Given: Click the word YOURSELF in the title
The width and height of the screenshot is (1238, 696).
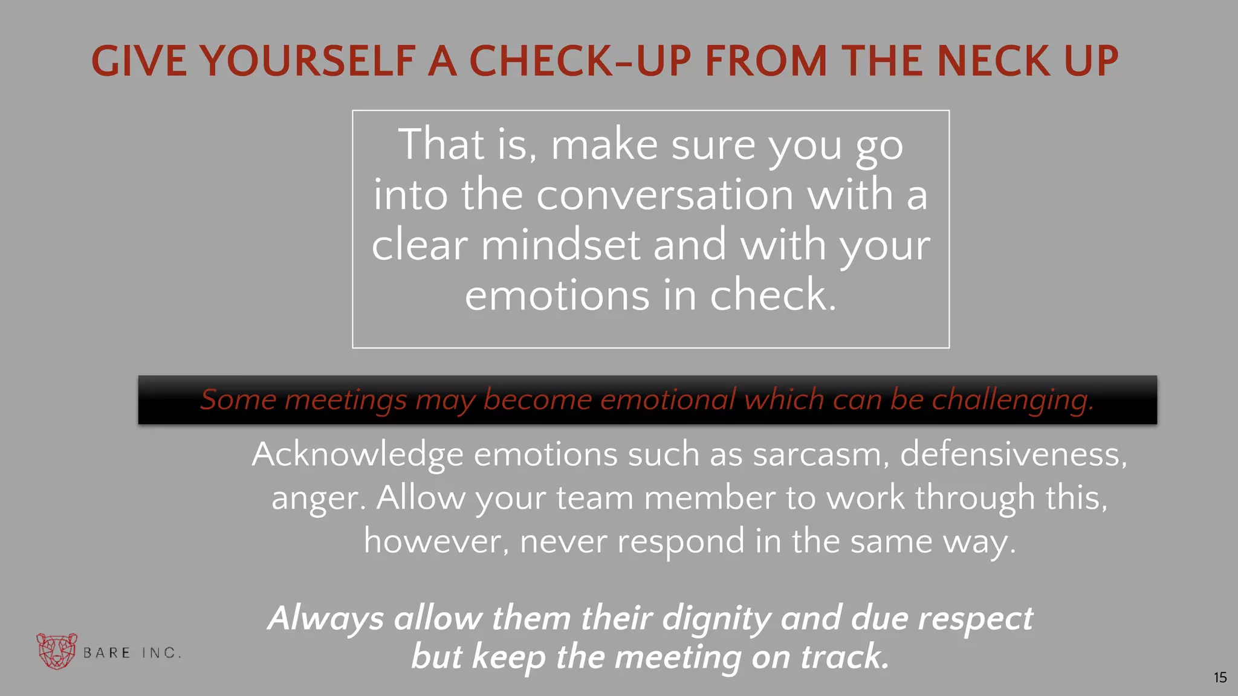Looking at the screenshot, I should pyautogui.click(x=307, y=61).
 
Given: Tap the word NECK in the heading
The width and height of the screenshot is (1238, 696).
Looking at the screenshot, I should pyautogui.click(x=994, y=61).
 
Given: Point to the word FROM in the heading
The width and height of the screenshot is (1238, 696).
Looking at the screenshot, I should pyautogui.click(x=766, y=61).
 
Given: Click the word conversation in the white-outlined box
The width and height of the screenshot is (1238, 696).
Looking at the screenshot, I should pyautogui.click(x=664, y=195).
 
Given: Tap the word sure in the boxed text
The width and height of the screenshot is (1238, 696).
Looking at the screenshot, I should pyautogui.click(x=713, y=145).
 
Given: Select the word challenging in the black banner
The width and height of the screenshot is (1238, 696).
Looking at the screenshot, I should pyautogui.click(x=1013, y=400).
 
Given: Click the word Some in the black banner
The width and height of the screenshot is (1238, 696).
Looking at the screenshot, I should pyautogui.click(x=238, y=400).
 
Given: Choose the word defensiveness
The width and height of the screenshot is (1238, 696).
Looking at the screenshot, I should pyautogui.click(x=1013, y=454).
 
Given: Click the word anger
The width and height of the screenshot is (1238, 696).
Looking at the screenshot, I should pyautogui.click(x=318, y=499).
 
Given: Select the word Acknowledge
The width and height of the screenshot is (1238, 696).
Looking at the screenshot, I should pyautogui.click(x=357, y=455).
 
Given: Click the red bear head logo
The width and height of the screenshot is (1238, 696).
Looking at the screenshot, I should pyautogui.click(x=57, y=651).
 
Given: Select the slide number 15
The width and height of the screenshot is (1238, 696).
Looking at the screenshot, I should pyautogui.click(x=1220, y=678).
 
